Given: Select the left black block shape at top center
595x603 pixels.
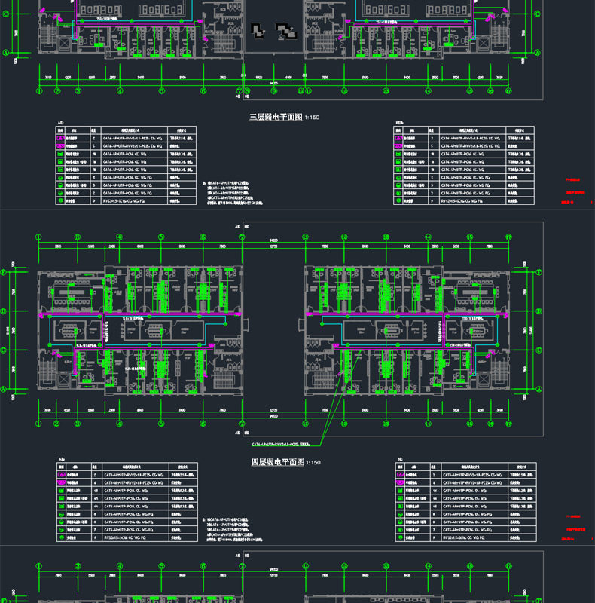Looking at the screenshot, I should click(x=258, y=30).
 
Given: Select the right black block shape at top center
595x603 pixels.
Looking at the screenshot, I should click(x=286, y=31).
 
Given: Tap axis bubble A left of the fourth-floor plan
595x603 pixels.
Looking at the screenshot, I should click(x=11, y=389).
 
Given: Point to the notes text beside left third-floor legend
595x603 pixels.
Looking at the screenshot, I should click(x=229, y=193).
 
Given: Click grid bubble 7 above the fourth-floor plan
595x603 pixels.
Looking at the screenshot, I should click(x=242, y=237).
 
